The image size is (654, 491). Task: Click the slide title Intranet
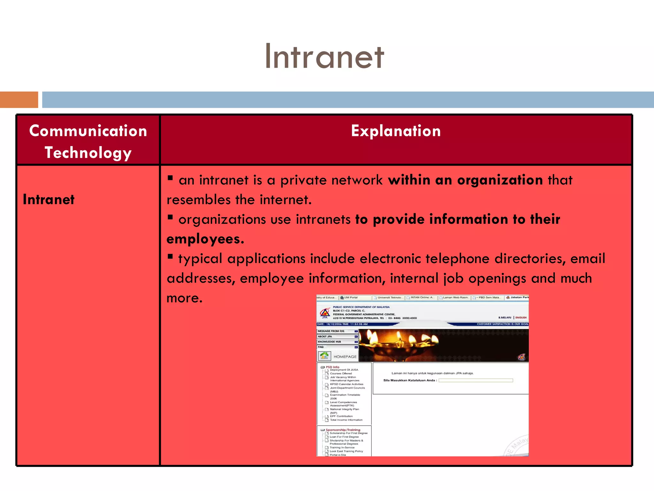(324, 57)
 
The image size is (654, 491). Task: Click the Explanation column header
(396, 131)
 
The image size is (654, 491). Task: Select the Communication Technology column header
(88, 141)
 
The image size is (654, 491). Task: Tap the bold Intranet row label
(49, 199)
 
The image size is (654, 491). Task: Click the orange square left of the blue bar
(19, 99)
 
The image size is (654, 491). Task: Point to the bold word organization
(500, 180)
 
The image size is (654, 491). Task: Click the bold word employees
(205, 239)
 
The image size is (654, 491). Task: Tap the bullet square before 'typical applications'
(170, 256)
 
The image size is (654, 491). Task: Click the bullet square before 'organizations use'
(170, 217)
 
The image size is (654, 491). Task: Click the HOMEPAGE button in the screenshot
(338, 356)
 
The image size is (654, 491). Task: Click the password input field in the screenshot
(475, 380)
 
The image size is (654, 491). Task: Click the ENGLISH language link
(521, 317)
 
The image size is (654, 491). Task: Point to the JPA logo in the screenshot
(325, 313)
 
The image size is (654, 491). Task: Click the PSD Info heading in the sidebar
(332, 367)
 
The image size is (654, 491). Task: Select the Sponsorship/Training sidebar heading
(343, 430)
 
